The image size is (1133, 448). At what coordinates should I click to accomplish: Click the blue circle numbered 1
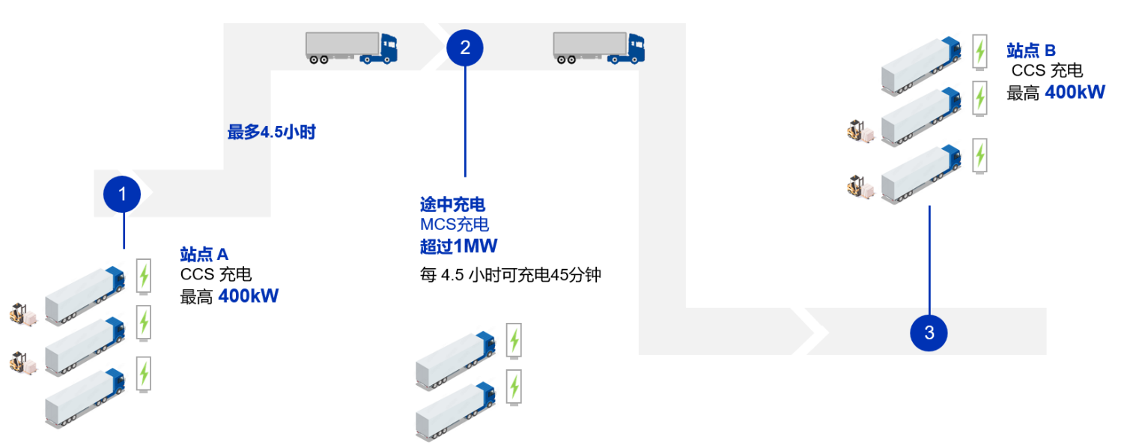click(123, 194)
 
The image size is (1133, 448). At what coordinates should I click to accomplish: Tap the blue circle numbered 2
click(465, 48)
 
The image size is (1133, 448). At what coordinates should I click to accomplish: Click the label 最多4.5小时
click(272, 133)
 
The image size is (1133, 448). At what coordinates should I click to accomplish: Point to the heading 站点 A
click(204, 253)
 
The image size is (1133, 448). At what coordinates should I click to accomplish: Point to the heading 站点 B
click(1031, 51)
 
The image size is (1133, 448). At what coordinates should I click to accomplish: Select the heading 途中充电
click(452, 204)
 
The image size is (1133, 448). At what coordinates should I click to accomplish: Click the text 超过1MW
click(458, 246)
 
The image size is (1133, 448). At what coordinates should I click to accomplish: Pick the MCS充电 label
click(455, 225)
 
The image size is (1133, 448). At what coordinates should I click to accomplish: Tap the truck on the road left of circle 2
click(351, 47)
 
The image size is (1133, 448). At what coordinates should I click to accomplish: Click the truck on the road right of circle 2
click(598, 47)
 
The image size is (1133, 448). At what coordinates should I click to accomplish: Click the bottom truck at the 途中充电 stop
click(455, 410)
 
